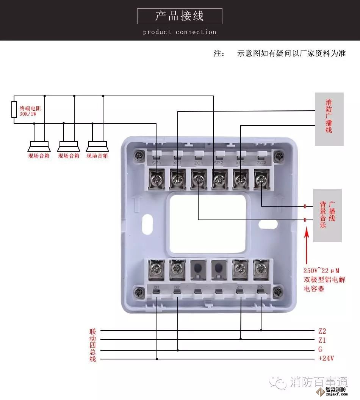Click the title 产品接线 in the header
[x=180, y=16]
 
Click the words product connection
[x=180, y=32]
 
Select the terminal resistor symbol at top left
[x=14, y=110]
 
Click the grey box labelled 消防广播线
[x=329, y=119]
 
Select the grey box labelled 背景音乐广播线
[x=327, y=215]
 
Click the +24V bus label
[x=326, y=359]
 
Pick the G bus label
[x=320, y=350]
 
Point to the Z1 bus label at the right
[x=322, y=340]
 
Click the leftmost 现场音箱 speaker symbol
[x=39, y=146]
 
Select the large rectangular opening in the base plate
[x=208, y=224]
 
